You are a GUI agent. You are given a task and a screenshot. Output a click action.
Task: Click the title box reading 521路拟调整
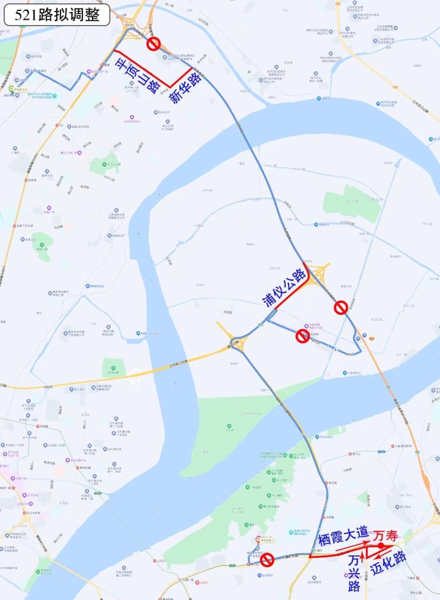point(57,15)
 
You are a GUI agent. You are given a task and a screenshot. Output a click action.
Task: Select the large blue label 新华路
point(186,88)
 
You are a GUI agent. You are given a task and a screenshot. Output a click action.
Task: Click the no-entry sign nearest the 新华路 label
point(154,44)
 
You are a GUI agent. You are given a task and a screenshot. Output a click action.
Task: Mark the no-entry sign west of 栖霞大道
point(266,560)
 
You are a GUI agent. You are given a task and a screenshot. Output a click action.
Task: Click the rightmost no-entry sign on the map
point(341,307)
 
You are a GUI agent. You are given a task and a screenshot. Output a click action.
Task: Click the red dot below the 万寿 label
point(380,545)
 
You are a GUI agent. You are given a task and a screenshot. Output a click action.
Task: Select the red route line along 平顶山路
point(142,69)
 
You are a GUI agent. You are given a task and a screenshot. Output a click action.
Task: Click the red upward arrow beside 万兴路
point(362,553)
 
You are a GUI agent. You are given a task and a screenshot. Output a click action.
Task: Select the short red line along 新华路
point(181,78)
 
